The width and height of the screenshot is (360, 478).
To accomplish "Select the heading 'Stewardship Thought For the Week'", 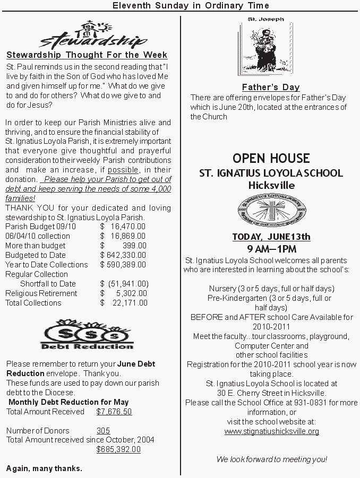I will point(87,55).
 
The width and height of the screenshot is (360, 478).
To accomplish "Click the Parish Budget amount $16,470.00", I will point(123,227).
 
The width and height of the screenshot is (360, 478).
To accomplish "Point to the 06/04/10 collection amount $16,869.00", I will point(123,236).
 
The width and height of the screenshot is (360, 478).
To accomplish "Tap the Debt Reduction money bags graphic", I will point(88,336).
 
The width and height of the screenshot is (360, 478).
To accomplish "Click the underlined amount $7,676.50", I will point(114,411).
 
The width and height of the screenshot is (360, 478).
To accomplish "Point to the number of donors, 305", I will point(104,430).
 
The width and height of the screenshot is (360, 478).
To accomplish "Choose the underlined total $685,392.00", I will point(118,449).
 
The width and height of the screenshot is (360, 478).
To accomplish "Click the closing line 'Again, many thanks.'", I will point(44,468).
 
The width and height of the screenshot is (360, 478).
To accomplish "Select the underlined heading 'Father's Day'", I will point(271,88).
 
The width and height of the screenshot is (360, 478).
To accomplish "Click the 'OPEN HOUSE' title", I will point(271,158).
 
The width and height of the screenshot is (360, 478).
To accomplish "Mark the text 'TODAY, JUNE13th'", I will point(271,237).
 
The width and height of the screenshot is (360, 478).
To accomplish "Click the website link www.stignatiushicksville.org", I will point(271,431).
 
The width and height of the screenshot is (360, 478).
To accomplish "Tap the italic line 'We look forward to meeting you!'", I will point(272,459).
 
